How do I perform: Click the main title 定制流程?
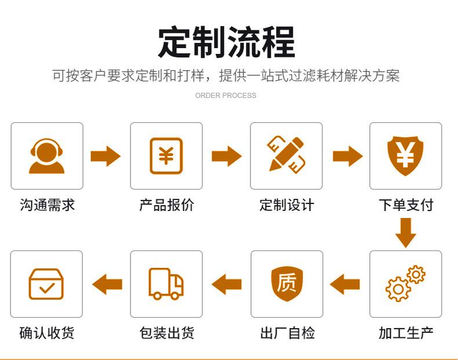[x=227, y=42]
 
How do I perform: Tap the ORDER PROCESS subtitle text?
[x=226, y=96]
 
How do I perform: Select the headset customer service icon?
[x=47, y=156]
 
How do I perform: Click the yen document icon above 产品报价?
[x=166, y=156]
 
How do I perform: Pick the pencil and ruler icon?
[x=286, y=155]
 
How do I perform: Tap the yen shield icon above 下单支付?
[x=405, y=155]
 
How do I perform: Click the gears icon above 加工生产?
[x=405, y=283]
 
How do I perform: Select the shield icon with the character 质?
[x=287, y=284]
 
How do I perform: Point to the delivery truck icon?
[x=166, y=284]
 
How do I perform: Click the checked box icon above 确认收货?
[x=46, y=284]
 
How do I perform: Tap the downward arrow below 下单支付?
[x=406, y=232]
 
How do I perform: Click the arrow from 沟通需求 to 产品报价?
[x=106, y=156]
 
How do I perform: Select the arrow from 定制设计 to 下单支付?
[x=348, y=156]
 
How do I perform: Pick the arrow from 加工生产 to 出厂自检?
[x=345, y=284]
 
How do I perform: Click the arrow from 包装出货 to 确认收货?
[x=107, y=284]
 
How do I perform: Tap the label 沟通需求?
[x=48, y=205]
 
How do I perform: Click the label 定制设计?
[x=286, y=205]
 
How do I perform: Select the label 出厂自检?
[x=288, y=333]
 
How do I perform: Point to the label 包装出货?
[x=167, y=333]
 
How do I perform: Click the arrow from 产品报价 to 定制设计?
[x=227, y=156]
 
